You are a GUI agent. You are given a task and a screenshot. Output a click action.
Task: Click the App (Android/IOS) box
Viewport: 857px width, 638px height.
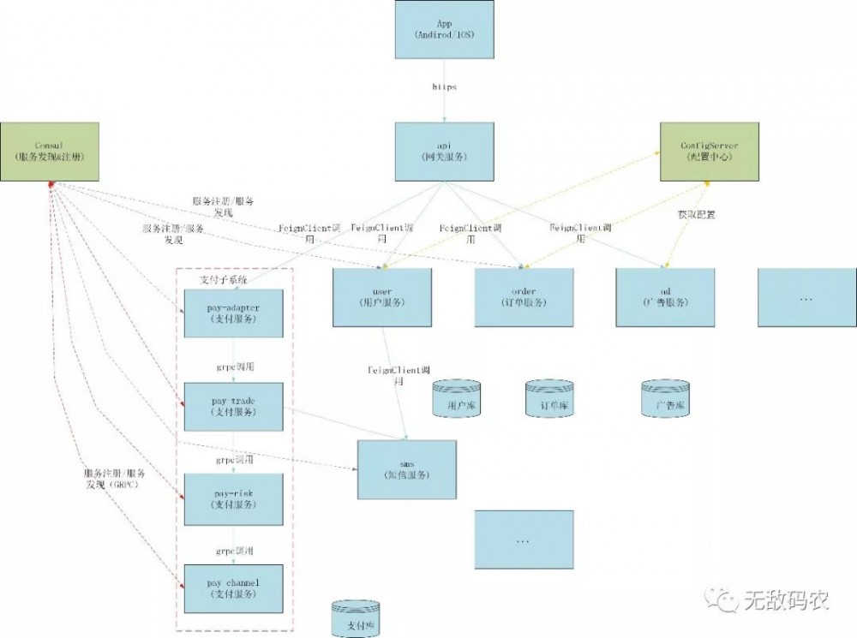point(444,30)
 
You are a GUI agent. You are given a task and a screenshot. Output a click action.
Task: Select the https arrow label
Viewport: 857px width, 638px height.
point(444,87)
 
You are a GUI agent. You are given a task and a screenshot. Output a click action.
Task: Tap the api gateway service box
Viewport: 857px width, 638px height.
point(444,152)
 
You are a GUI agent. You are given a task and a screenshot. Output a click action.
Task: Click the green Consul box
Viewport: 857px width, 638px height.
point(49,152)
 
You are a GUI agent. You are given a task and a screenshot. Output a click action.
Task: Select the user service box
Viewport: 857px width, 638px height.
point(382,297)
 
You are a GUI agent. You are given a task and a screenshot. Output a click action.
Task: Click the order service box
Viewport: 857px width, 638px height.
point(524,297)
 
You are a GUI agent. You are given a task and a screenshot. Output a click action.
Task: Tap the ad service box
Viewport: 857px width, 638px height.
point(665,297)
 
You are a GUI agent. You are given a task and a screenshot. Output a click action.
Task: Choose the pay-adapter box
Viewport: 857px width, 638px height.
point(233,313)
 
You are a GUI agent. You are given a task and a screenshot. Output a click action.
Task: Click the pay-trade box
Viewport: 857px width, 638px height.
point(233,407)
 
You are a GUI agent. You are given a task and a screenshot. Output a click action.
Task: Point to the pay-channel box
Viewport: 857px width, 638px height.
point(233,589)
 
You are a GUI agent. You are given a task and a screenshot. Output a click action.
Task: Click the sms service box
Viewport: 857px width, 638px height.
point(407,469)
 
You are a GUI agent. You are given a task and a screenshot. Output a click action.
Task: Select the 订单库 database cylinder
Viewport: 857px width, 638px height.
point(548,400)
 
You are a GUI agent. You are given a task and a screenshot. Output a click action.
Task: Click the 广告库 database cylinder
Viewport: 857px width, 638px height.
point(665,400)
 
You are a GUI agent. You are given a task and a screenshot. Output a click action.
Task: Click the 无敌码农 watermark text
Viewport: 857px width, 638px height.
point(785,599)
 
